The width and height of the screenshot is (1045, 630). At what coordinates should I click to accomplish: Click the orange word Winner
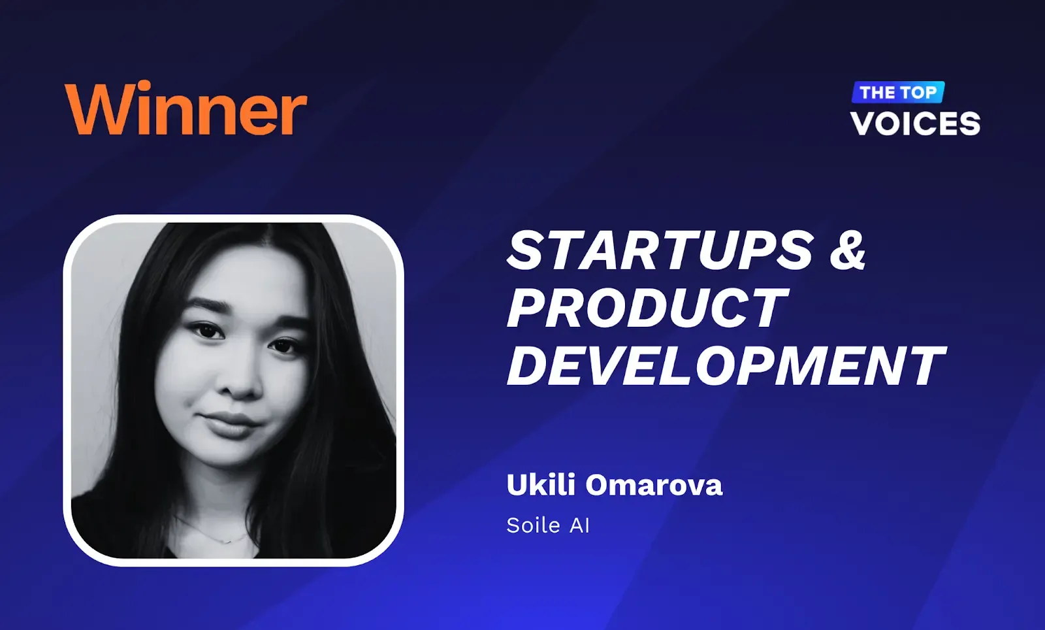tap(185, 108)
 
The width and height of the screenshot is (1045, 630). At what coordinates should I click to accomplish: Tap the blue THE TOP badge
tap(898, 92)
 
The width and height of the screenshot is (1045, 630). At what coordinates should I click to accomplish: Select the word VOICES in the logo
tap(915, 124)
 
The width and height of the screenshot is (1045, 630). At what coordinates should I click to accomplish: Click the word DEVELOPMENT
tap(726, 366)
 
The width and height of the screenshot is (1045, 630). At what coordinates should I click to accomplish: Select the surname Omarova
tap(654, 486)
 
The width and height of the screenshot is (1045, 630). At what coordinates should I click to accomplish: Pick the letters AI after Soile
tap(579, 525)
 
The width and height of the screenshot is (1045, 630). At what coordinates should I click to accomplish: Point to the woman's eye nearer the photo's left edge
tap(206, 331)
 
